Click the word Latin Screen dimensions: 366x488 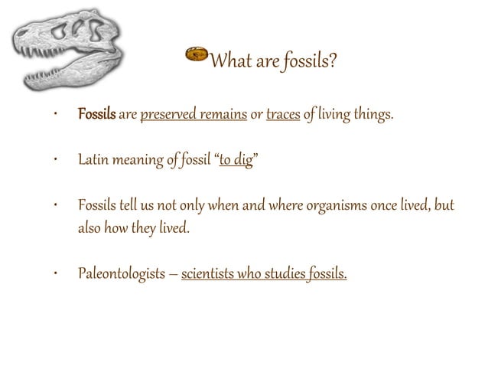[93, 161]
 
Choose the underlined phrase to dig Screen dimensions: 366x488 [236, 161]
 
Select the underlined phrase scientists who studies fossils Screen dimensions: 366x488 [264, 273]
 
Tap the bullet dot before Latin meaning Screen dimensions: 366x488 [55, 161]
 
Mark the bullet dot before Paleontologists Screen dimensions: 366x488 [55, 273]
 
